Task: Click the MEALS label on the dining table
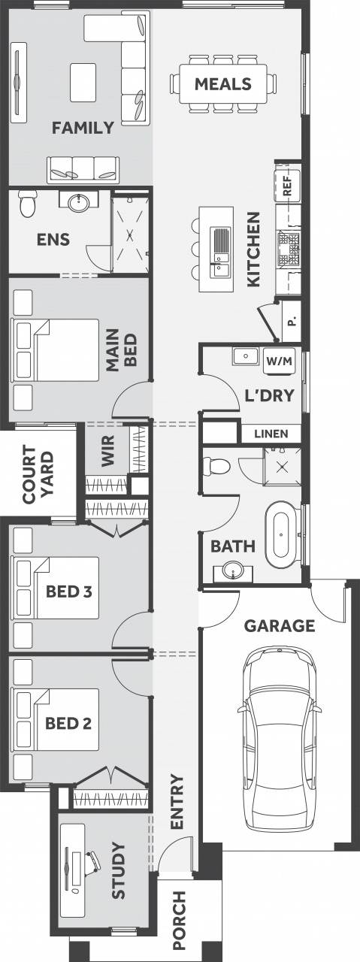(x=223, y=83)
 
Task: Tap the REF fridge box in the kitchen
(x=287, y=185)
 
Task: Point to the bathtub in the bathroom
(x=281, y=535)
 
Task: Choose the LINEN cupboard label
(x=271, y=434)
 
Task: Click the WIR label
(x=107, y=450)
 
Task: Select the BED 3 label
(x=68, y=591)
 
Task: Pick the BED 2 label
(x=68, y=724)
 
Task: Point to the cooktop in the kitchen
(x=289, y=248)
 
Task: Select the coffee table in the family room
(x=83, y=83)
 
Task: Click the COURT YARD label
(x=38, y=475)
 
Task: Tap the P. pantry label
(x=292, y=321)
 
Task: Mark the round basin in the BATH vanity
(x=233, y=570)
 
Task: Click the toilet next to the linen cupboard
(x=218, y=465)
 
